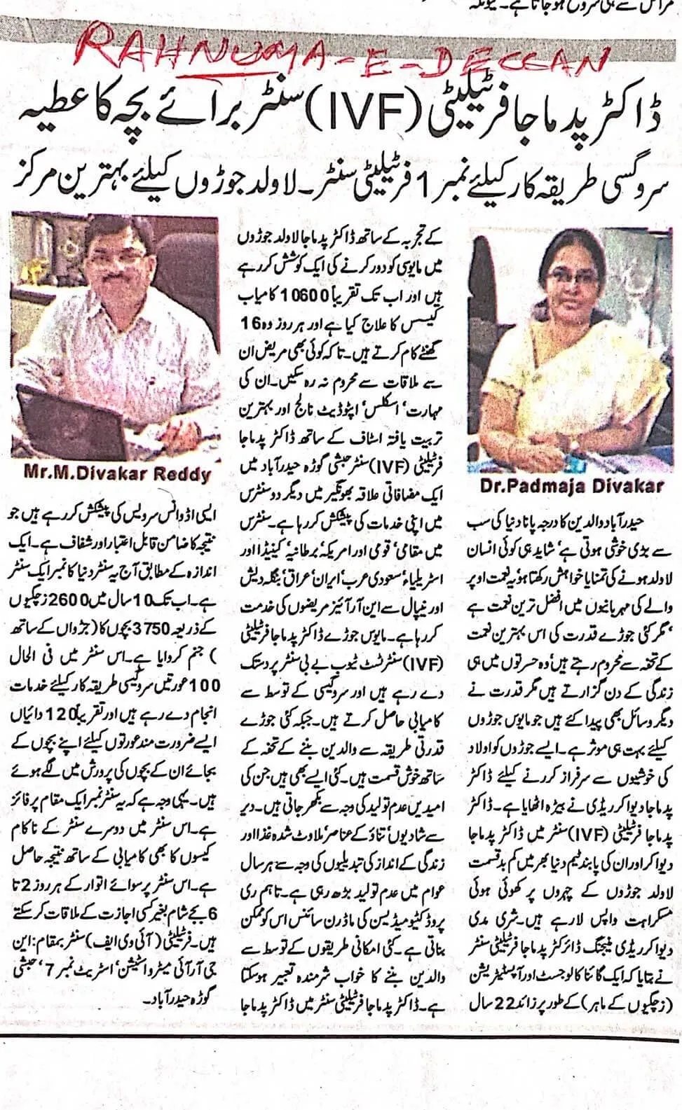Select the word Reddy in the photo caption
tap(179, 474)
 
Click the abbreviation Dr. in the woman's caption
tap(494, 485)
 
